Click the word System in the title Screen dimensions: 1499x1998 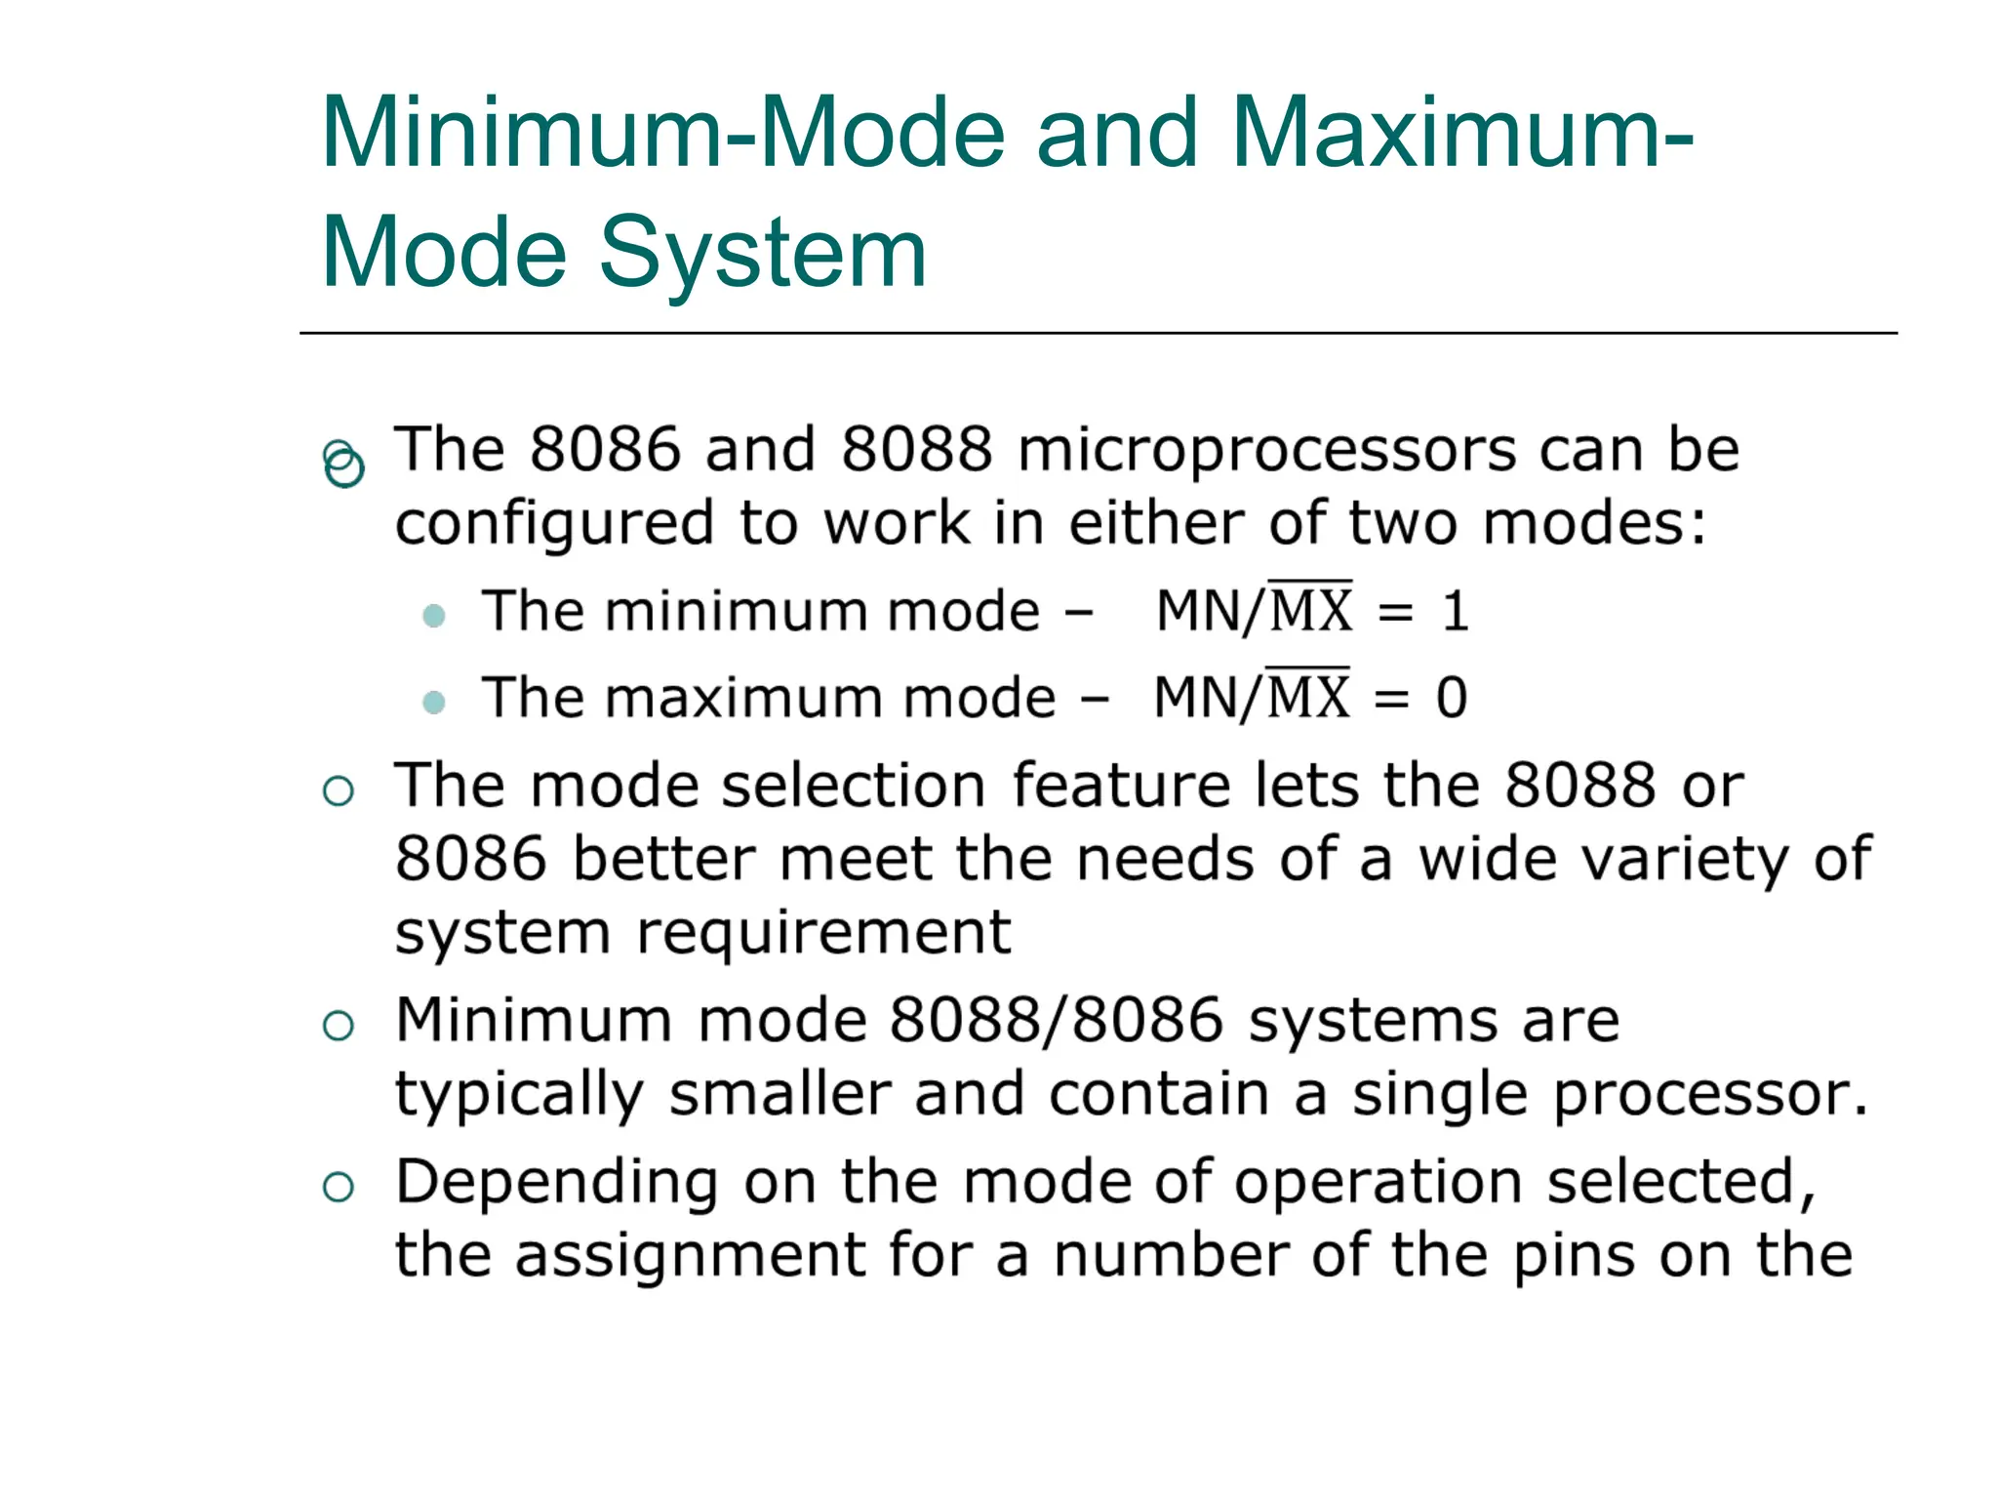(762, 254)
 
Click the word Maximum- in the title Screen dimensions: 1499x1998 (1462, 133)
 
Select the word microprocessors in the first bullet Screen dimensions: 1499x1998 (1266, 451)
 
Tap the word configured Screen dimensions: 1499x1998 (554, 524)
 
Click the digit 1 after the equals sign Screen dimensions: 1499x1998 (1455, 613)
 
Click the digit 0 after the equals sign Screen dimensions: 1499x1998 (1451, 699)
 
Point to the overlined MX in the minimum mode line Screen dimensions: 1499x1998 (1310, 611)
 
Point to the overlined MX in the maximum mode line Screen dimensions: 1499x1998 (1307, 697)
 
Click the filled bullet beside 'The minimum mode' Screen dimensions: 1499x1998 (434, 616)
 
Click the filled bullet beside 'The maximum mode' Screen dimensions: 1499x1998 (434, 702)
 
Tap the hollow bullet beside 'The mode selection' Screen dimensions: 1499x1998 (338, 790)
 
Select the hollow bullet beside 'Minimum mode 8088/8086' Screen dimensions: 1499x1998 (338, 1026)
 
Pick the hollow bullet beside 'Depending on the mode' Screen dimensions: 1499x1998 (338, 1187)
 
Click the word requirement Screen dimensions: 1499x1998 (823, 933)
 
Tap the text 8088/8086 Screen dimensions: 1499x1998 (1056, 1021)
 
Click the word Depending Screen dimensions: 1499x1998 (557, 1183)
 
